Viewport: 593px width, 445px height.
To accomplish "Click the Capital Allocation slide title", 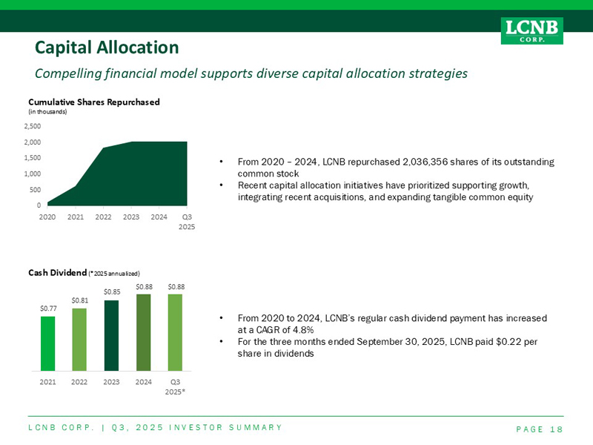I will [x=107, y=47].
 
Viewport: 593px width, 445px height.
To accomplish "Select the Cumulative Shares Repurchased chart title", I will [x=94, y=102].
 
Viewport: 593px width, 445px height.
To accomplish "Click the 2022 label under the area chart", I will [x=103, y=217].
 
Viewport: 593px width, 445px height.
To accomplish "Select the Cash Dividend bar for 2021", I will [x=48, y=343].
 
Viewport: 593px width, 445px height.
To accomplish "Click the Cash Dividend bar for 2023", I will [x=112, y=335].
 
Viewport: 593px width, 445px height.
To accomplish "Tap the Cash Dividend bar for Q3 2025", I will [x=176, y=332].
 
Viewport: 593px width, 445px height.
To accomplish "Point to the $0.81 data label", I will [x=80, y=300].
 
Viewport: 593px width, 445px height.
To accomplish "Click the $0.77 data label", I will [x=48, y=309].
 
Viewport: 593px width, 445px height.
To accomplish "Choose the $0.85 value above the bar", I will [x=112, y=291].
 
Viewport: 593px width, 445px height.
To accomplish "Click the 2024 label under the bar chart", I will [x=144, y=381].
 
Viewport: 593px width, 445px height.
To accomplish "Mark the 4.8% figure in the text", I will [x=301, y=329].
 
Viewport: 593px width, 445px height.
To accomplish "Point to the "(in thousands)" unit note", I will [x=47, y=111].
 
